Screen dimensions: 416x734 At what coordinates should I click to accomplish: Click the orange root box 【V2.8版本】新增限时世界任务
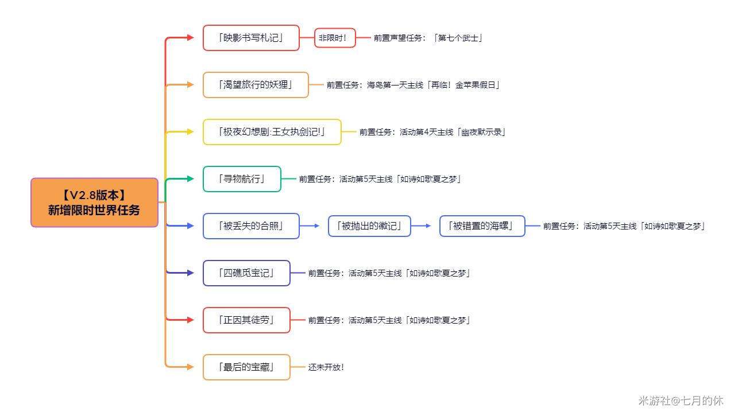pyautogui.click(x=94, y=203)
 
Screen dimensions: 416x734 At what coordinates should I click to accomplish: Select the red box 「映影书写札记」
pyautogui.click(x=251, y=38)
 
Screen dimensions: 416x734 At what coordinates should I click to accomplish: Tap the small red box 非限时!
pyautogui.click(x=334, y=38)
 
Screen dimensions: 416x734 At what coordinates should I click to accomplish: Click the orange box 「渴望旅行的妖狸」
pyautogui.click(x=256, y=85)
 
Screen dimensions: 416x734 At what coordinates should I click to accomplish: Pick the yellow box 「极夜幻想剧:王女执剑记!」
pyautogui.click(x=272, y=132)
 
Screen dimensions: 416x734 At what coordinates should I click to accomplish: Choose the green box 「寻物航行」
pyautogui.click(x=242, y=179)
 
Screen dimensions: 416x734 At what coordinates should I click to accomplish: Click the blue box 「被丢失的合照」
pyautogui.click(x=251, y=226)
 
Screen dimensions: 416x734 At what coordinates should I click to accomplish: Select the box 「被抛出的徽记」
pyautogui.click(x=369, y=226)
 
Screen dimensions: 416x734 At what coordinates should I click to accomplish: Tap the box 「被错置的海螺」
pyautogui.click(x=482, y=226)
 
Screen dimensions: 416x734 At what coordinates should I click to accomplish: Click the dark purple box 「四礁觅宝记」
pyautogui.click(x=246, y=273)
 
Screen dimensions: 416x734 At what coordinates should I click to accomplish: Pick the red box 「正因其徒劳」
pyautogui.click(x=246, y=320)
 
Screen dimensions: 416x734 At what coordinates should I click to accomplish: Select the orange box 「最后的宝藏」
pyautogui.click(x=246, y=367)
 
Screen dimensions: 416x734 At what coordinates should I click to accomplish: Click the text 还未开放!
pyautogui.click(x=326, y=367)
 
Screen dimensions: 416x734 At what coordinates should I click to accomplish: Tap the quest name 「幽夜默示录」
pyautogui.click(x=482, y=132)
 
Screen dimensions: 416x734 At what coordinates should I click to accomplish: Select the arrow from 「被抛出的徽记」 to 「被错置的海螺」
pyautogui.click(x=422, y=226)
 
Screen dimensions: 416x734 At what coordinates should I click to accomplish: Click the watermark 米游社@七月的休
pyautogui.click(x=681, y=401)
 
